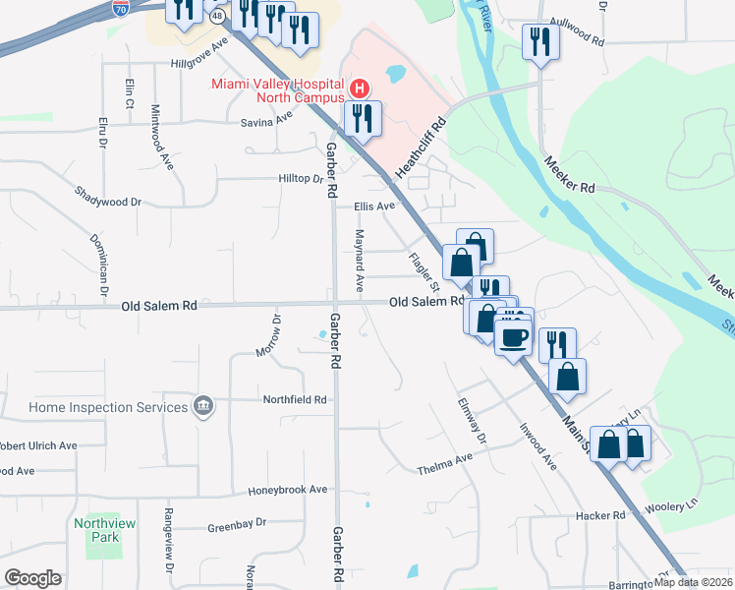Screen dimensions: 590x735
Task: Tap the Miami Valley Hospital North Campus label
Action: click(276, 89)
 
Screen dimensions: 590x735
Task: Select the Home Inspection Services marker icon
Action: click(203, 406)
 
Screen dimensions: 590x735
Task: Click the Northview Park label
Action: click(96, 531)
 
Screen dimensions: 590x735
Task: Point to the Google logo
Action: click(32, 578)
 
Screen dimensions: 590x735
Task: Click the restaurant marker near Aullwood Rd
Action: click(540, 42)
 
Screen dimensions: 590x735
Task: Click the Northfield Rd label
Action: click(294, 400)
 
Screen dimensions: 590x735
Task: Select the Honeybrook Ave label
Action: click(287, 489)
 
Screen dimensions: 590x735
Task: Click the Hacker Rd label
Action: click(604, 515)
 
